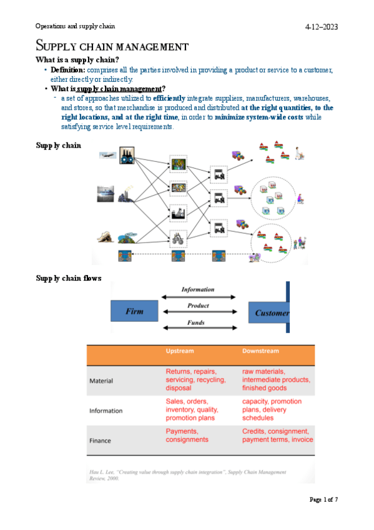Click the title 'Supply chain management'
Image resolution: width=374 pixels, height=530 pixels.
[x=112, y=46]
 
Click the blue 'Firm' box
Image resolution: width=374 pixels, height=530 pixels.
[x=135, y=311]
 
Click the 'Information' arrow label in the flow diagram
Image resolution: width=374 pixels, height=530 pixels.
[x=197, y=289]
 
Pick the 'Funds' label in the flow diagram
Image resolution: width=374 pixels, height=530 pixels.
[x=197, y=322]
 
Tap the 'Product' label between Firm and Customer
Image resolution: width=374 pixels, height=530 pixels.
[x=198, y=306]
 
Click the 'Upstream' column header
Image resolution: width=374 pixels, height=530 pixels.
[x=179, y=351]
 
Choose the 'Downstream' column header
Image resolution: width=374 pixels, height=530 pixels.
[x=260, y=351]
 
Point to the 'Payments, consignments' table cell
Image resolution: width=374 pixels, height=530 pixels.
[x=187, y=436]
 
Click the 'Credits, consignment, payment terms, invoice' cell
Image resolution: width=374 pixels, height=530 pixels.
[x=277, y=436]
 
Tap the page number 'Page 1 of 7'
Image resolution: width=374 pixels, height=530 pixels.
[x=323, y=499]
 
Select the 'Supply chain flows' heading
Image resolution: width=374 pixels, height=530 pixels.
[x=69, y=278]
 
